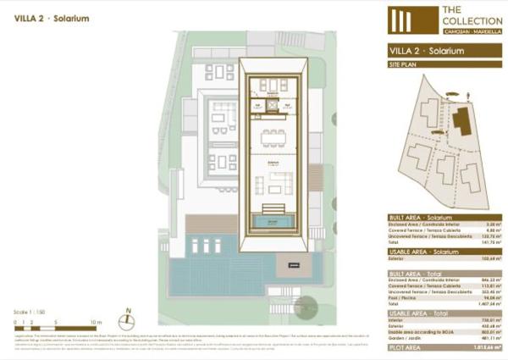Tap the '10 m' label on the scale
point(96,322)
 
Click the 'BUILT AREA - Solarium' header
point(423,218)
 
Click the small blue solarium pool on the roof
point(270,221)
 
